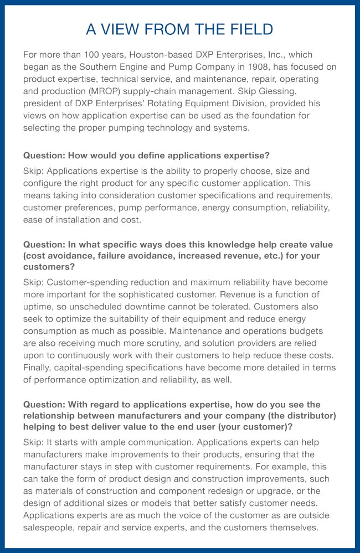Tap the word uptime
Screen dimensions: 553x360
tap(39, 307)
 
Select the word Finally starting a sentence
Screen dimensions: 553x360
tap(38, 368)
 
